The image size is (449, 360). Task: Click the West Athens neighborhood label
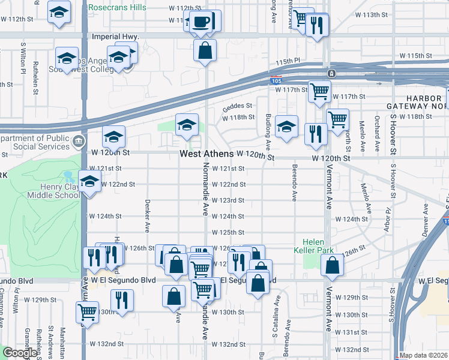pos(207,154)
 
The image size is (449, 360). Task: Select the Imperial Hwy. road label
pos(115,37)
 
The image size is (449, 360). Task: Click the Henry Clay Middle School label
pos(52,191)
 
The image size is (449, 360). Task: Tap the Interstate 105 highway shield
pos(276,80)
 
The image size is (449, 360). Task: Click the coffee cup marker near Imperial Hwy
pos(202,23)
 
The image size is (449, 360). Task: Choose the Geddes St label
pos(237,106)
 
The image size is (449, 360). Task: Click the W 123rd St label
pos(228,200)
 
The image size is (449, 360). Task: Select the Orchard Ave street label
pos(377,129)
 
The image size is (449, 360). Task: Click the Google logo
pos(20,353)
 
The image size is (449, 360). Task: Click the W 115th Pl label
pos(288,61)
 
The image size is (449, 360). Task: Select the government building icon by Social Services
pos(79,142)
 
